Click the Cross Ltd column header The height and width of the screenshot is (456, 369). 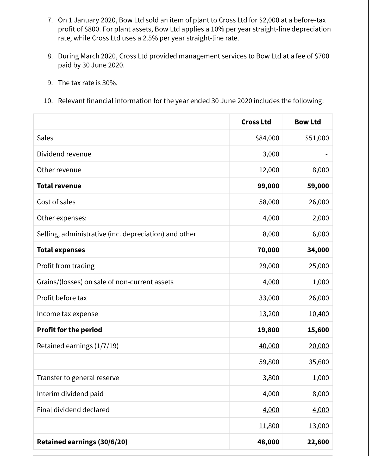coord(256,122)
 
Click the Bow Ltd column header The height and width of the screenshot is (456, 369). coord(308,122)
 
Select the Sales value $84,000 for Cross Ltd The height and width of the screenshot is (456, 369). coord(267,138)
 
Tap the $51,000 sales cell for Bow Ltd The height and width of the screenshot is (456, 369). coord(317,138)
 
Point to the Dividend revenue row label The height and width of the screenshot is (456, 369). coord(64,154)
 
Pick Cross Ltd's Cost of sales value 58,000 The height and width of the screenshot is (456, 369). coord(269,202)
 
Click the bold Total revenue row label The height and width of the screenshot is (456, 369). coord(59,186)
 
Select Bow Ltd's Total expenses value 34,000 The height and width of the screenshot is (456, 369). coord(318,250)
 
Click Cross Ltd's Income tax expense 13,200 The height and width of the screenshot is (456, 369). coord(269,314)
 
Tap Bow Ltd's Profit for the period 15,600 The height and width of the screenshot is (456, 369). coord(318,330)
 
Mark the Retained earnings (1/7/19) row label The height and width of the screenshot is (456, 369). coord(78,346)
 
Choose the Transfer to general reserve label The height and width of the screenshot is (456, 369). coord(78,378)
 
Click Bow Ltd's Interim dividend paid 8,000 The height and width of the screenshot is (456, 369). coord(321,394)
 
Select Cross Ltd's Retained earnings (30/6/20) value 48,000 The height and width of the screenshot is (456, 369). coord(268,442)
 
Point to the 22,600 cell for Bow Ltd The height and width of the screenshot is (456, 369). coord(318,442)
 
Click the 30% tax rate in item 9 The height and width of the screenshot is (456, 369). coord(109,83)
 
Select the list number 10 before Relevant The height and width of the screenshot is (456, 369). coord(48,101)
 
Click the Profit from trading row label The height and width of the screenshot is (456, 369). coord(66,266)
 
